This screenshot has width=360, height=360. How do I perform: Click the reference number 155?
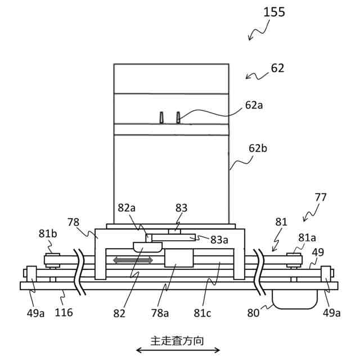[274, 12]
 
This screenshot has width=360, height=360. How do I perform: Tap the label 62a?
[254, 105]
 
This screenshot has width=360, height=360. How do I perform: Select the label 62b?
[258, 148]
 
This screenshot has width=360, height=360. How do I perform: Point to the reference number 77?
[321, 197]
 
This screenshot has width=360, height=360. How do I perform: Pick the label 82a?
[127, 207]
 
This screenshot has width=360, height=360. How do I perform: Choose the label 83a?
[219, 239]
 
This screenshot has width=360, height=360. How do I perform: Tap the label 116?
[64, 312]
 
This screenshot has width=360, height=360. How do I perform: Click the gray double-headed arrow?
[133, 260]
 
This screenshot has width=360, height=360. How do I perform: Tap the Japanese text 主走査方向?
[178, 340]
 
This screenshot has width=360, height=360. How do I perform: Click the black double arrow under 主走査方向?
[178, 350]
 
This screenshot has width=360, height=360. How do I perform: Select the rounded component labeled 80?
[294, 299]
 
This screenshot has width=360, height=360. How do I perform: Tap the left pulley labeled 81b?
[52, 260]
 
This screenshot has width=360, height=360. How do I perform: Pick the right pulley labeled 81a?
[294, 260]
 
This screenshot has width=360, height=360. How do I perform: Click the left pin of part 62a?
[162, 117]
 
